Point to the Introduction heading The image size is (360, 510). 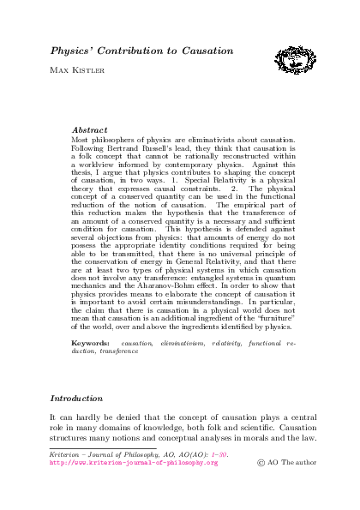coord(77,399)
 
